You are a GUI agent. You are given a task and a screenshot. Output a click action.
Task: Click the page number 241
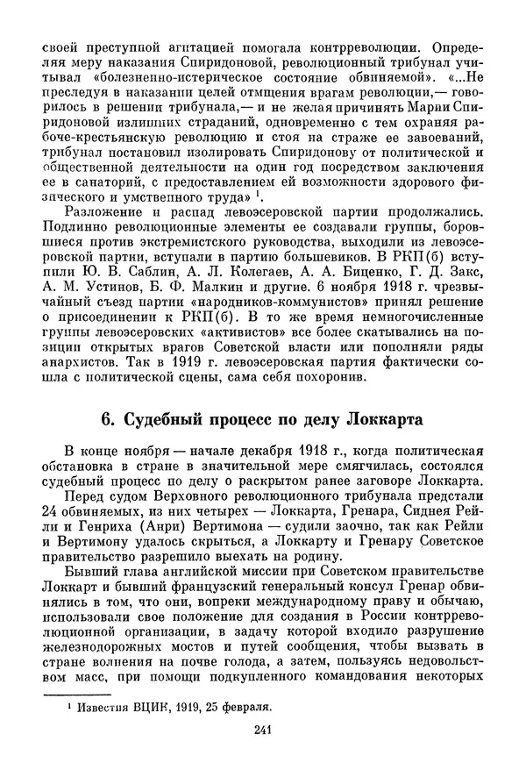point(264,755)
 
